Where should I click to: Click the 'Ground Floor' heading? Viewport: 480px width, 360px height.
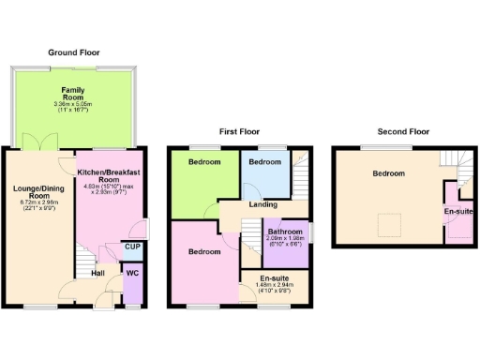[74, 53]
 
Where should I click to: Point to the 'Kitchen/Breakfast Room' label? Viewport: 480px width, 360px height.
[109, 177]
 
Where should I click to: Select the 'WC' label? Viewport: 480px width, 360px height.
[131, 274]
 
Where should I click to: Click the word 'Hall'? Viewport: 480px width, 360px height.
[97, 274]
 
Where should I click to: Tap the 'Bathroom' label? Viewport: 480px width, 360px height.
[284, 232]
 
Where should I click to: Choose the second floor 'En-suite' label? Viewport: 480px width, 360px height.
[458, 211]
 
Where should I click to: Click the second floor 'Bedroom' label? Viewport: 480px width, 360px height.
[388, 173]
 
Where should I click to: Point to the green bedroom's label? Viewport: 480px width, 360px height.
[203, 162]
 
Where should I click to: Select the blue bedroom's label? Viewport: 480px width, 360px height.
[263, 162]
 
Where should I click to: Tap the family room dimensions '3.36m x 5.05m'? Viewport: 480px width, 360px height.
[73, 104]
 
